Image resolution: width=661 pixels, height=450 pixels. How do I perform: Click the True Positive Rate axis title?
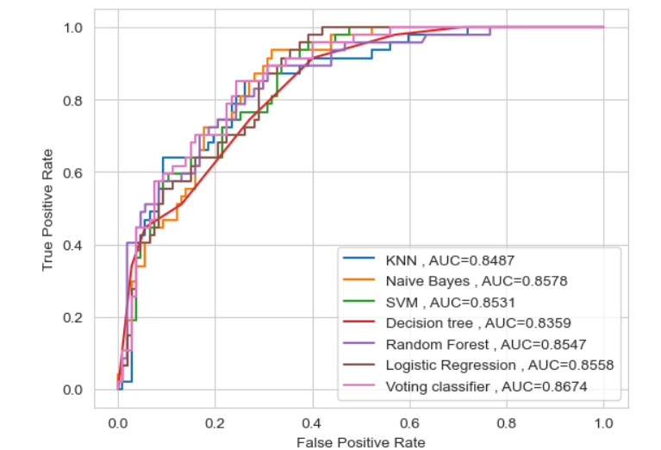point(48,209)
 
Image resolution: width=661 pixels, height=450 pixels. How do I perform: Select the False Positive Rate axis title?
point(360,441)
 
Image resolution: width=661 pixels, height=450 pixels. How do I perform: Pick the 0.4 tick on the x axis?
point(312,423)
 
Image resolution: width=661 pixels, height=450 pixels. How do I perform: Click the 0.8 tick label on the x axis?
point(507,423)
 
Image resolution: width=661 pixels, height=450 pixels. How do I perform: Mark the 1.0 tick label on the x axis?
point(603,423)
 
